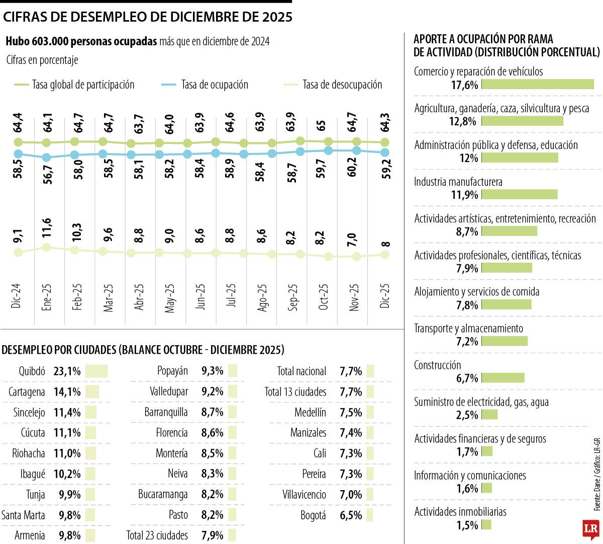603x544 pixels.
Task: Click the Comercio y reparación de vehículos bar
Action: point(538,84)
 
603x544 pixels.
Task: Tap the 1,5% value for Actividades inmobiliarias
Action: point(467,525)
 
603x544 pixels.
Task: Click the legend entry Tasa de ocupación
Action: point(215,85)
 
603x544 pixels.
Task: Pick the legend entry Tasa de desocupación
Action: point(342,85)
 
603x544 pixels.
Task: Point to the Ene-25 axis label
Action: point(47,298)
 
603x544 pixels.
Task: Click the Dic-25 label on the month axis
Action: point(385,297)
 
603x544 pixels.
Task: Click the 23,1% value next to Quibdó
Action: point(67,371)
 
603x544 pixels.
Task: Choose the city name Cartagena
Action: point(27,392)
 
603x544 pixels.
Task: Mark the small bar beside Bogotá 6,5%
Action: point(370,515)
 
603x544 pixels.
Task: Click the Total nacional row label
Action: point(301,371)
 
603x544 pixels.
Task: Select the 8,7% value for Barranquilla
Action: point(212,413)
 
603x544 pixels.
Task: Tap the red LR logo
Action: point(590,529)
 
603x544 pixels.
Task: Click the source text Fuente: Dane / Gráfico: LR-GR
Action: point(597,474)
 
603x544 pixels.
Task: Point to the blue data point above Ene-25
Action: point(46,158)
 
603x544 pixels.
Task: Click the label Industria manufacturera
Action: point(458,182)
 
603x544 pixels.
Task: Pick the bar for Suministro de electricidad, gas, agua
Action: point(489,415)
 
